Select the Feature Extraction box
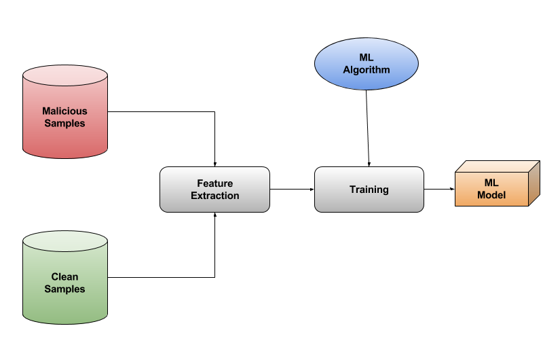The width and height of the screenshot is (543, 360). tap(214, 190)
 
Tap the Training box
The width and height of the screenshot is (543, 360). tap(369, 190)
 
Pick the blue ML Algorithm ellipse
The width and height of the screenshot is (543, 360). tap(367, 65)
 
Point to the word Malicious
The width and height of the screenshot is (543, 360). tap(65, 111)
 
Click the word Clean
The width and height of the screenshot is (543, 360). tap(65, 276)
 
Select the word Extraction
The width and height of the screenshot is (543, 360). tap(214, 196)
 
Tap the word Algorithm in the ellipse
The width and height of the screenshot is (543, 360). tap(367, 70)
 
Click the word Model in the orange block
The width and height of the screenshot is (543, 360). tap(491, 195)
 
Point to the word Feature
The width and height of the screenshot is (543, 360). tap(214, 183)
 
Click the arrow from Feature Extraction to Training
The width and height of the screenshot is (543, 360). tap(292, 190)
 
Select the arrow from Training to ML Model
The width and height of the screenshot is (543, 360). tap(438, 190)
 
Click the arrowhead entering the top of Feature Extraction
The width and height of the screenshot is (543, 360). tap(214, 164)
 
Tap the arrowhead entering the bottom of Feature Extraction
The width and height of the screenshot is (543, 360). tap(214, 214)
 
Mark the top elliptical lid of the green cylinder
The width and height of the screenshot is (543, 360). tap(65, 240)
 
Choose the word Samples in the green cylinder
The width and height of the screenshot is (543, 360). tap(65, 289)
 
